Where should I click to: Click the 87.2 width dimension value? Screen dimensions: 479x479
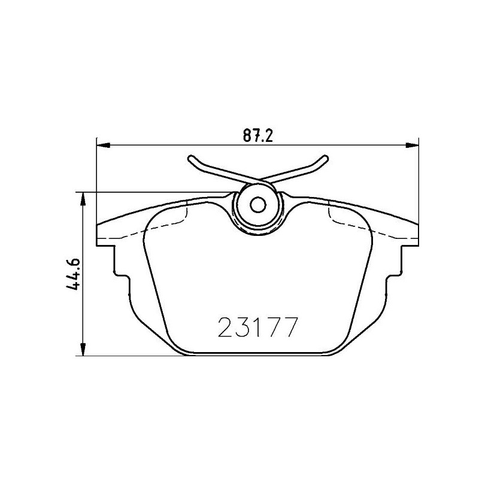point(257,136)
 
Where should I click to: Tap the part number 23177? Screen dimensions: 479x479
point(257,328)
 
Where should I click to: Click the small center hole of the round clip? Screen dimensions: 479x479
point(258,205)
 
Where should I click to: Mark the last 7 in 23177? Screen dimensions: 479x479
point(290,328)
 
